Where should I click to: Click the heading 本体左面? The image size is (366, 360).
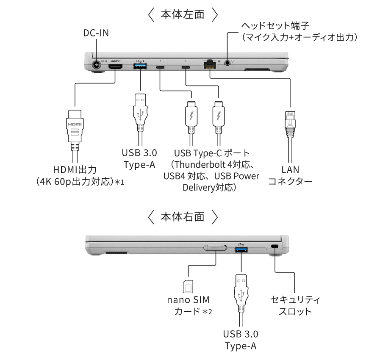183,15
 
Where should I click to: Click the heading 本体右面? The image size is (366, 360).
183,218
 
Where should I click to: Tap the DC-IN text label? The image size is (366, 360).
96,33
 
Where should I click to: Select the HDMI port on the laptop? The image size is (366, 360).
116,66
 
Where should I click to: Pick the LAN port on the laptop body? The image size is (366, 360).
210,64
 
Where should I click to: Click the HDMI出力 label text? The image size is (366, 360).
75,170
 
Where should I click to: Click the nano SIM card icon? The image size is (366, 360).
187,287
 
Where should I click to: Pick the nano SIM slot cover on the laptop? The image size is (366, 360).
215,247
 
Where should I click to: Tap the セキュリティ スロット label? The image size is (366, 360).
295,305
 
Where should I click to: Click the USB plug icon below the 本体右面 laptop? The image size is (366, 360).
240,290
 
